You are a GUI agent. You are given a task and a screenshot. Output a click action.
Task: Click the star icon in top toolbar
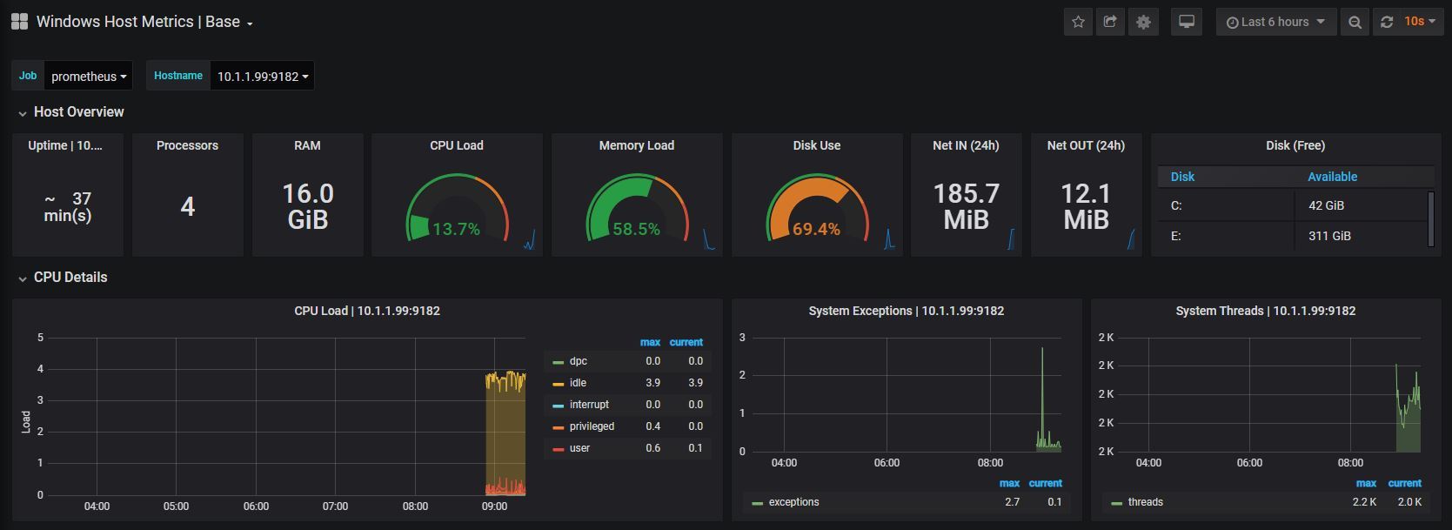click(1078, 22)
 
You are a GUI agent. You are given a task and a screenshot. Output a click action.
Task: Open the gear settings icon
click(1143, 22)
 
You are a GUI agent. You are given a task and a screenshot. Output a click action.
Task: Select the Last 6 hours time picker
click(1275, 22)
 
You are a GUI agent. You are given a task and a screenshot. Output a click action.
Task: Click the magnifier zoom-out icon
click(1354, 22)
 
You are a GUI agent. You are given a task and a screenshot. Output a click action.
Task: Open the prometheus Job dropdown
click(88, 77)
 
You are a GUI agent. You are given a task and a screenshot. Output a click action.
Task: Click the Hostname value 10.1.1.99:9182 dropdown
click(262, 77)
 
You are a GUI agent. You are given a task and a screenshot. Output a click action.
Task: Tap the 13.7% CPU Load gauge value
click(456, 229)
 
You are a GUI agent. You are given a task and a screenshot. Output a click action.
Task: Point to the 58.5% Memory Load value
click(636, 229)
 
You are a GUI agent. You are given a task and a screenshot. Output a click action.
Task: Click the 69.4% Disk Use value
click(816, 229)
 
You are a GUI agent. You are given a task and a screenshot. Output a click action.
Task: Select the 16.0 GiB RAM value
click(307, 206)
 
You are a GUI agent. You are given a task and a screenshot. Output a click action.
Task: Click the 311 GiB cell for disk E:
click(1329, 236)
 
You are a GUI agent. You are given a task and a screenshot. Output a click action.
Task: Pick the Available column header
click(1332, 177)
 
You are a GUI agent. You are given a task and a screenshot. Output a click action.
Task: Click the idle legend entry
click(578, 383)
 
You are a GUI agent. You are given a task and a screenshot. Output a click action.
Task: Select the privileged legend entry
click(592, 426)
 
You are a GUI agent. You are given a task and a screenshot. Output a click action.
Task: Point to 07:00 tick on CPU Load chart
click(335, 506)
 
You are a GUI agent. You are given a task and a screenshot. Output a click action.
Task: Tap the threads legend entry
click(1145, 502)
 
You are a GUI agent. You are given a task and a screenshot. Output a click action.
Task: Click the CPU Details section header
click(70, 278)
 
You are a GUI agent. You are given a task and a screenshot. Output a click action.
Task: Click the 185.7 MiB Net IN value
click(966, 206)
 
